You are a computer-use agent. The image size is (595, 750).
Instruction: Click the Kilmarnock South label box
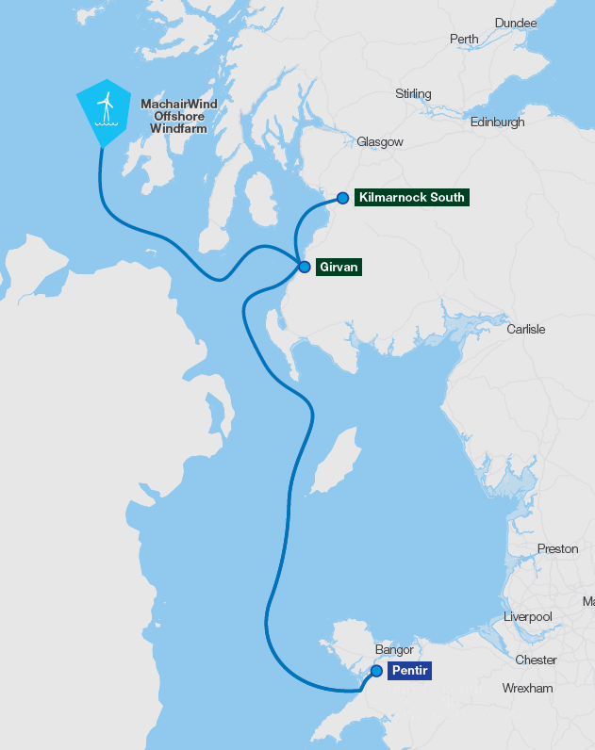[412, 198]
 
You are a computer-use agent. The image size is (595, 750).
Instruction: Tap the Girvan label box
[338, 268]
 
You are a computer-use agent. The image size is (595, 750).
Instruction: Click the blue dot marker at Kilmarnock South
[343, 199]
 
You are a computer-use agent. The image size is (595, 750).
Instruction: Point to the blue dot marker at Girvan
[305, 268]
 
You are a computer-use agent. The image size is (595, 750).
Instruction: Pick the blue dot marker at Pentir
[376, 671]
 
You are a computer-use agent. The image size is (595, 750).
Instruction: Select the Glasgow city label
[380, 142]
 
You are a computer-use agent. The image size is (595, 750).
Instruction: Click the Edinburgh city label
[498, 122]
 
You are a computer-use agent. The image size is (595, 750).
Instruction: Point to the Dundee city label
[516, 23]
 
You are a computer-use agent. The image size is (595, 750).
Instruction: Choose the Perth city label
[464, 40]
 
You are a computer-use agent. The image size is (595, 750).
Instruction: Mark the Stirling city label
[413, 94]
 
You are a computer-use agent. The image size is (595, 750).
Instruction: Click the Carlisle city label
[526, 330]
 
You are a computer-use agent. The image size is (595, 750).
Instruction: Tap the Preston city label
[557, 549]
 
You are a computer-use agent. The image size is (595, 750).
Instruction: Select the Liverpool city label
[527, 617]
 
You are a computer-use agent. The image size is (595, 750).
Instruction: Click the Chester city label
[536, 660]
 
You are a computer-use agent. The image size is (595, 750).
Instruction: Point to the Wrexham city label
[527, 689]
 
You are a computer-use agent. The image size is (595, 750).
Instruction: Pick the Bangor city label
[395, 650]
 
